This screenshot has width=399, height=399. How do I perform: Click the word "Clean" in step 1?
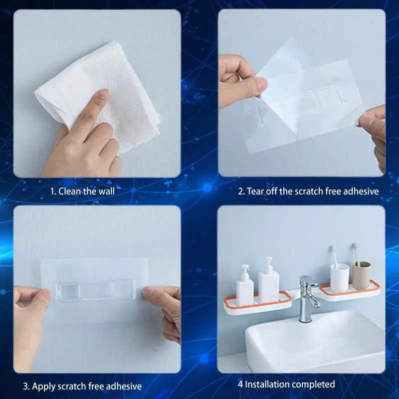pyautogui.click(x=70, y=191)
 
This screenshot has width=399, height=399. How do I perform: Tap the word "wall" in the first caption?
pyautogui.click(x=106, y=191)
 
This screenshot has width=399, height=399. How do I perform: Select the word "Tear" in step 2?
pyautogui.click(x=255, y=191)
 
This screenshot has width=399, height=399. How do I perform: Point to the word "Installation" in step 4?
pyautogui.click(x=268, y=384)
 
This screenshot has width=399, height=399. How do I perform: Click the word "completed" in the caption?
pyautogui.click(x=314, y=385)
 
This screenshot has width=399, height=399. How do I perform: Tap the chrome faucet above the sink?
pyautogui.click(x=308, y=298)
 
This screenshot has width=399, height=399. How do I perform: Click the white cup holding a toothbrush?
pyautogui.click(x=340, y=277)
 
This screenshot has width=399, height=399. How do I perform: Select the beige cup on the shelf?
pyautogui.click(x=361, y=275)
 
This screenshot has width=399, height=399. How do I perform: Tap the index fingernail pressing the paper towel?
pyautogui.click(x=104, y=95)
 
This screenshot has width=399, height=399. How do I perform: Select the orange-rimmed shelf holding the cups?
pyautogui.click(x=350, y=291)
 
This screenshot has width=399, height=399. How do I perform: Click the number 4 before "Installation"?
pyautogui.click(x=240, y=385)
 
